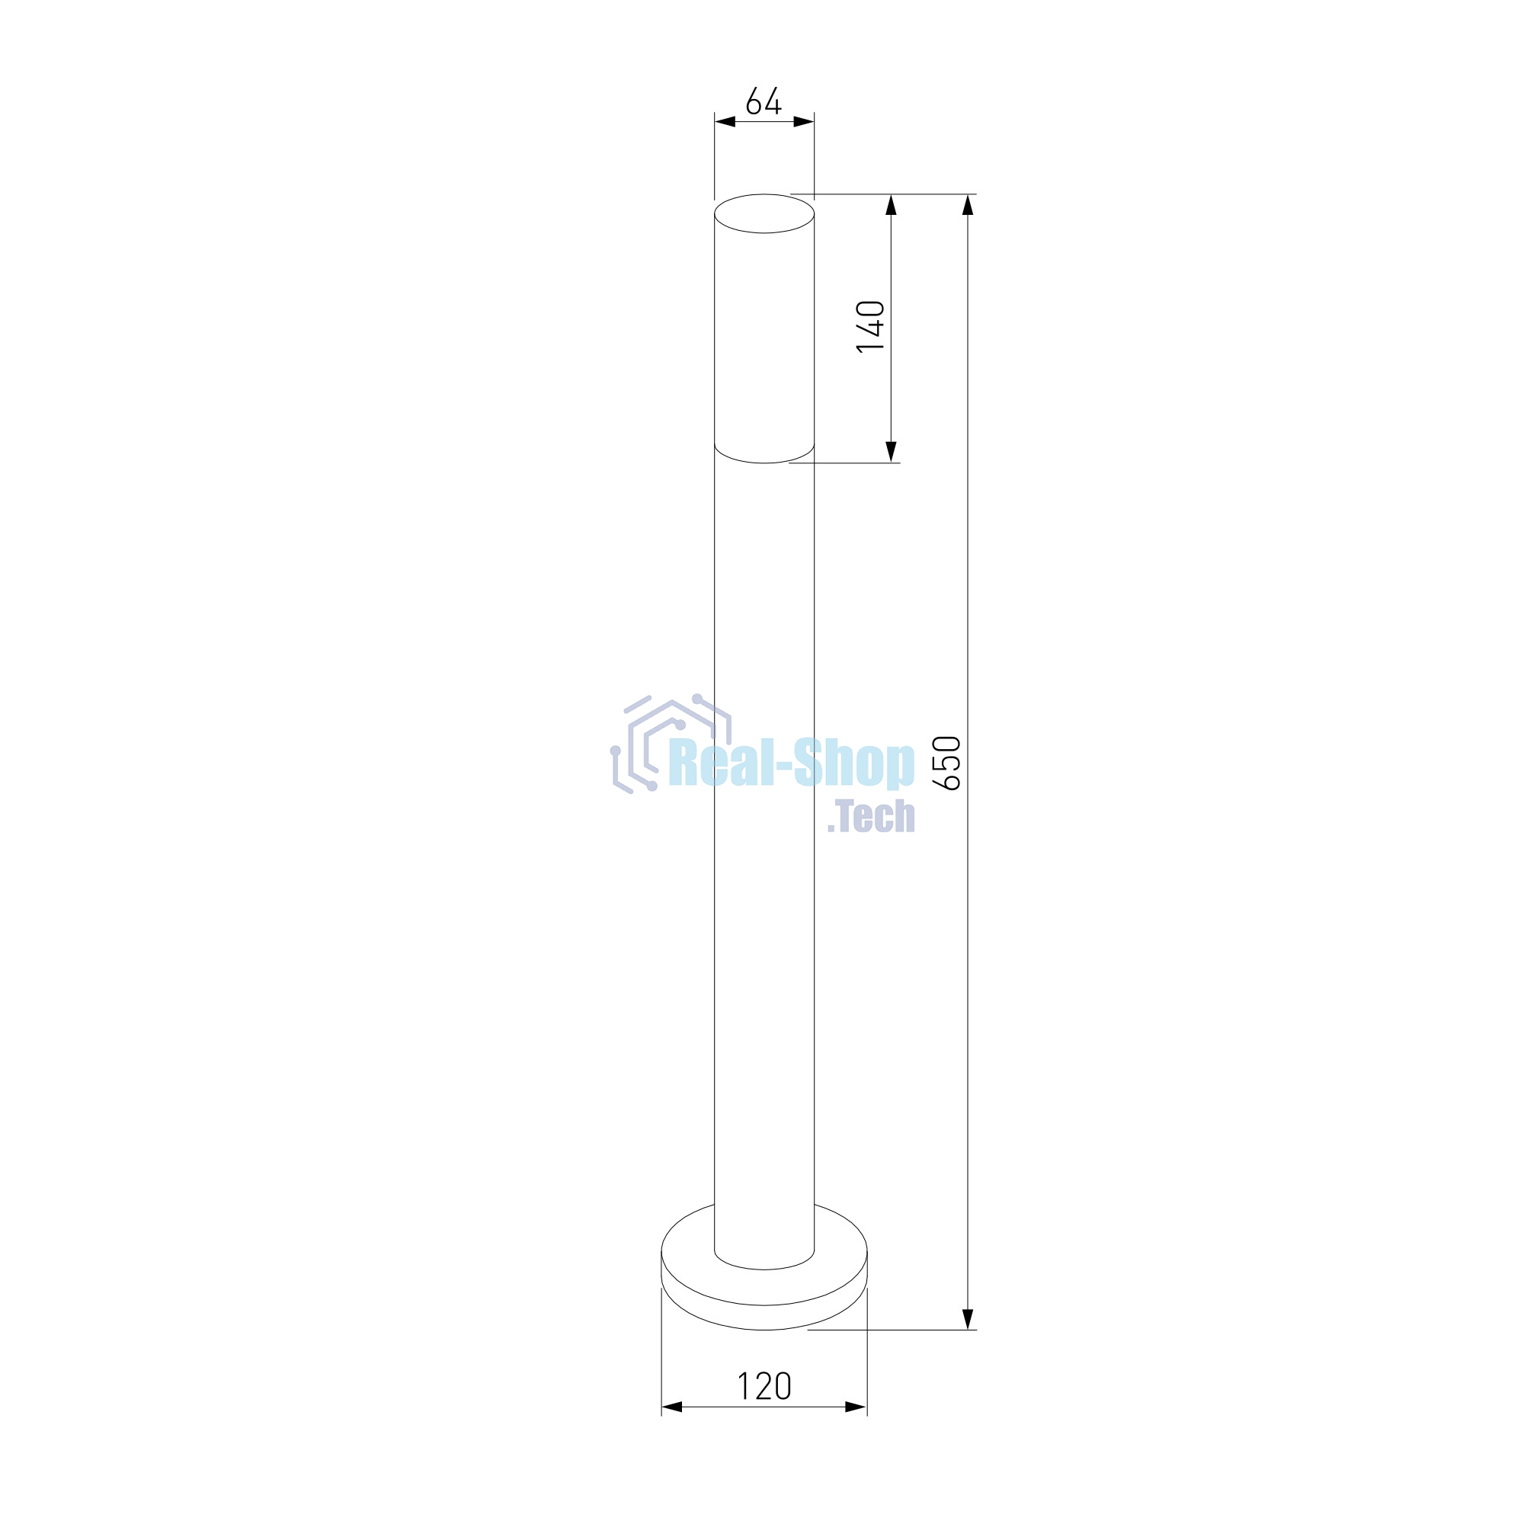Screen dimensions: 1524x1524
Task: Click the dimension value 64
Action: (764, 101)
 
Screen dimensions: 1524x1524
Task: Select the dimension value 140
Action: (871, 327)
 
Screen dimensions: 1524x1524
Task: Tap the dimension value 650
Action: (946, 763)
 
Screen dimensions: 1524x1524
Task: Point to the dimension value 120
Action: (764, 1386)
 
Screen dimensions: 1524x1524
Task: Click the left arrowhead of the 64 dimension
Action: (725, 121)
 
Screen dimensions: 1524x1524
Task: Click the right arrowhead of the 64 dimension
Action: (804, 121)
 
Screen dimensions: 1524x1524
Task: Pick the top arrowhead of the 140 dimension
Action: (892, 205)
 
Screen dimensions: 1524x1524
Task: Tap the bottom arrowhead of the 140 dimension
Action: (892, 452)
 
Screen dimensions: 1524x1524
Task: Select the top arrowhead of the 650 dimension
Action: (969, 205)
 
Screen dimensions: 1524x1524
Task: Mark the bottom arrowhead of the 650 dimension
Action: (969, 1320)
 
